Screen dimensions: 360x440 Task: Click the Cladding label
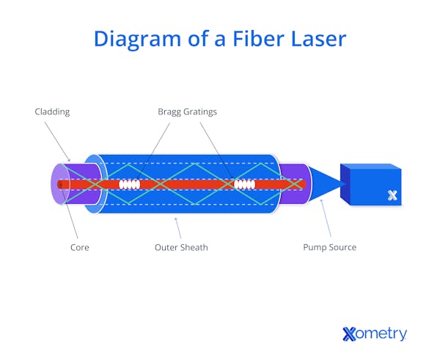coord(53,112)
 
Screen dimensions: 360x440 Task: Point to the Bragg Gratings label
coord(187,112)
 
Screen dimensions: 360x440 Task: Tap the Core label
coord(80,247)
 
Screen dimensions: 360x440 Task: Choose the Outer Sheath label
coord(181,247)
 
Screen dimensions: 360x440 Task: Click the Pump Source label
coord(330,247)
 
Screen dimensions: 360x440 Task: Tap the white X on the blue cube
coord(393,195)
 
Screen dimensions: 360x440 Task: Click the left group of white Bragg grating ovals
coord(130,185)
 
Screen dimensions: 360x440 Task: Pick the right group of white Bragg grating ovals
coord(243,185)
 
